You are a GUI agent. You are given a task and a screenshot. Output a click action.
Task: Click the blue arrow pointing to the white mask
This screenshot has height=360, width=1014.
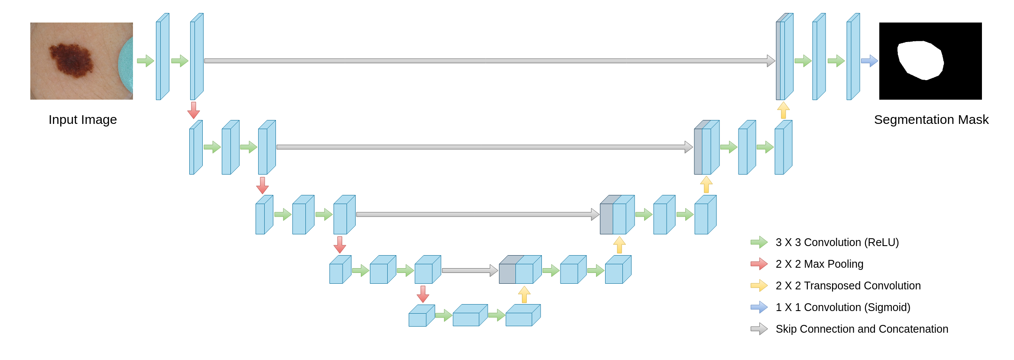[x=869, y=61]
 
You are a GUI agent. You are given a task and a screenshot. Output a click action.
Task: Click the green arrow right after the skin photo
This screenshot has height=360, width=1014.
[x=146, y=61]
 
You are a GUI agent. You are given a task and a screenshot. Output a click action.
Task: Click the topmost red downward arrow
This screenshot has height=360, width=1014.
[x=193, y=110]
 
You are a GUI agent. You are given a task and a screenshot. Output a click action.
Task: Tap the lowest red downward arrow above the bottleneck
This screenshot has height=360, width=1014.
[x=423, y=294]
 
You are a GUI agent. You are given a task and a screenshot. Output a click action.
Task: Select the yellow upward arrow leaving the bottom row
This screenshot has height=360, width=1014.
[x=524, y=295]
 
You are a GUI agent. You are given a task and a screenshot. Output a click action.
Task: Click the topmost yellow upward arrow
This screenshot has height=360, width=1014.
[x=783, y=110]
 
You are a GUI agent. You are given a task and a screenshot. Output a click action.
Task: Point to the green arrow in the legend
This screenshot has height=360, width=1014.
[x=759, y=242]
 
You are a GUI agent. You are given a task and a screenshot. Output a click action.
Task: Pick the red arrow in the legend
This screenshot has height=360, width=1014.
[x=759, y=264]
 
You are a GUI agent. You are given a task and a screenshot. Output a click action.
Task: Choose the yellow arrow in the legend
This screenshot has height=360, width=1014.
[x=759, y=285]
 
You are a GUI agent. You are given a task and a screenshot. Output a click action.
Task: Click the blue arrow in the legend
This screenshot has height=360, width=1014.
[x=759, y=307]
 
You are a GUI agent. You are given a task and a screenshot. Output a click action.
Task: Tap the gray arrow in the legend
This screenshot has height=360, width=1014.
[x=759, y=329]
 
